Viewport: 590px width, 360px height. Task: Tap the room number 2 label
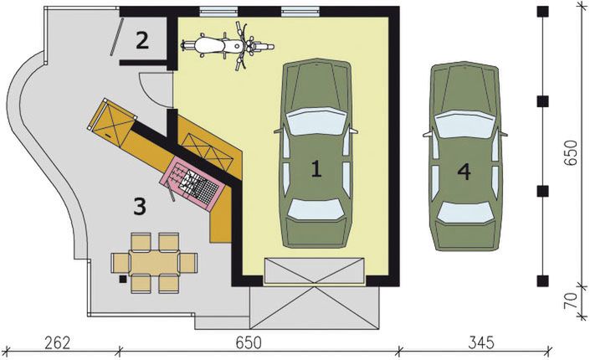coord(142,39)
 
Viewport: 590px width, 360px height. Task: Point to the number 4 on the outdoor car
coord(464,171)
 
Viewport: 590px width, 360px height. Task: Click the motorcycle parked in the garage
coord(224,44)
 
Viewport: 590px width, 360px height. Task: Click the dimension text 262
coord(57,342)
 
